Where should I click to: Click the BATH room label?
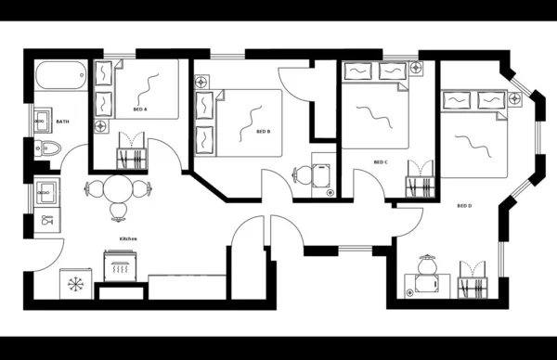tap(62, 122)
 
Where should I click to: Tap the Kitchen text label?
tap(128, 238)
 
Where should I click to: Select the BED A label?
tap(140, 109)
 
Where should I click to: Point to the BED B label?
tap(263, 131)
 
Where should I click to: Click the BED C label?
tap(380, 162)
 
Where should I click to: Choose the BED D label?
tap(464, 205)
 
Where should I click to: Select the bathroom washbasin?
tap(43, 121)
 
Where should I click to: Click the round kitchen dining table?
tap(118, 190)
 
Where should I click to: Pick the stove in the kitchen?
tap(121, 269)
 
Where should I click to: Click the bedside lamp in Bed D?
tap(514, 97)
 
